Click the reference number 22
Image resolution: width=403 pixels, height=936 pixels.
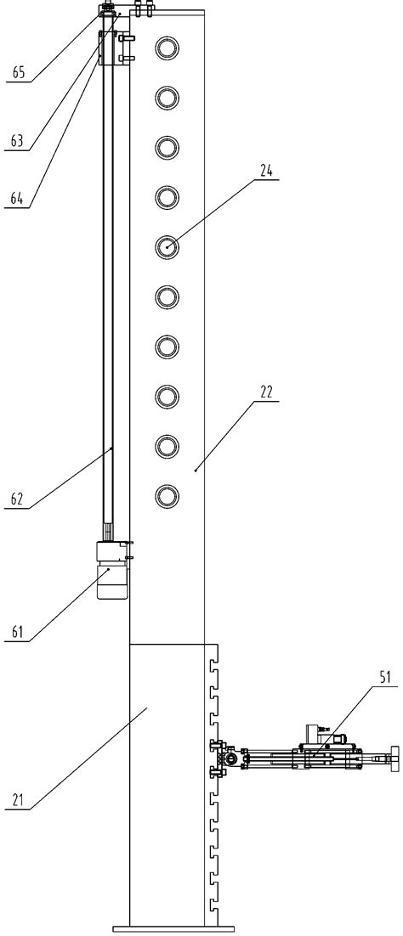[267, 391]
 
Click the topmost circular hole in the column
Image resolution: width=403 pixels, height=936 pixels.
[167, 48]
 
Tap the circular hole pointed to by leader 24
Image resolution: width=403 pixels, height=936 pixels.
[167, 246]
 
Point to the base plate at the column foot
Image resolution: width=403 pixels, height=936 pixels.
[173, 928]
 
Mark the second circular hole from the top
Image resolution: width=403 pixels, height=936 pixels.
[167, 99]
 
